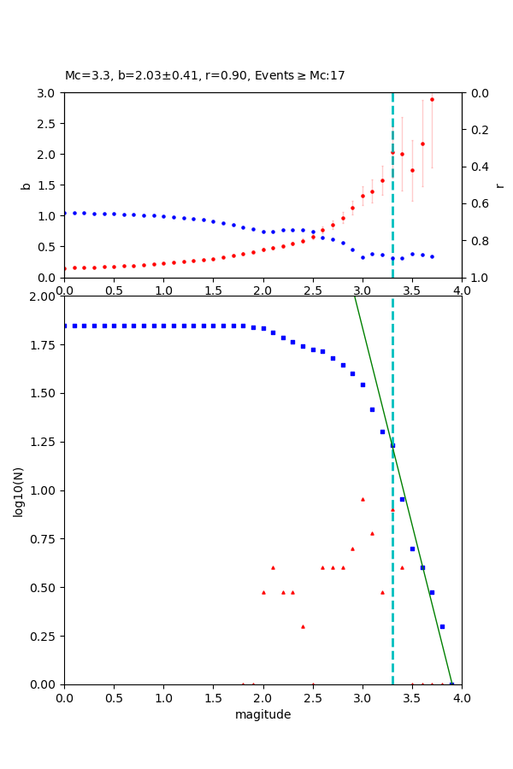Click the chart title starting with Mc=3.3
coord(205,76)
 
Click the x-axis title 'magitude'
coord(262,714)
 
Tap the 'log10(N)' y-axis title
coord(19,490)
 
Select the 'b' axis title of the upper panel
coord(26,185)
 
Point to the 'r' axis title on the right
coord(499,185)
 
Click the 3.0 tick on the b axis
coord(49,92)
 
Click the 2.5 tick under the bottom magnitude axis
coord(313,697)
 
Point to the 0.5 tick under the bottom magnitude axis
coord(114,697)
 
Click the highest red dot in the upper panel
coord(432,99)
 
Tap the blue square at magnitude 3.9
coord(451,684)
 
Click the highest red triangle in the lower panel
coord(363,499)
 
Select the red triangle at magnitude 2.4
coord(303,626)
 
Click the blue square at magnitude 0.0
coord(65,326)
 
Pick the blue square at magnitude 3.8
coord(442,626)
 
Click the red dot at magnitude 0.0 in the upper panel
coord(65,268)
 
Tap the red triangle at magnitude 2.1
coord(273,567)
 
